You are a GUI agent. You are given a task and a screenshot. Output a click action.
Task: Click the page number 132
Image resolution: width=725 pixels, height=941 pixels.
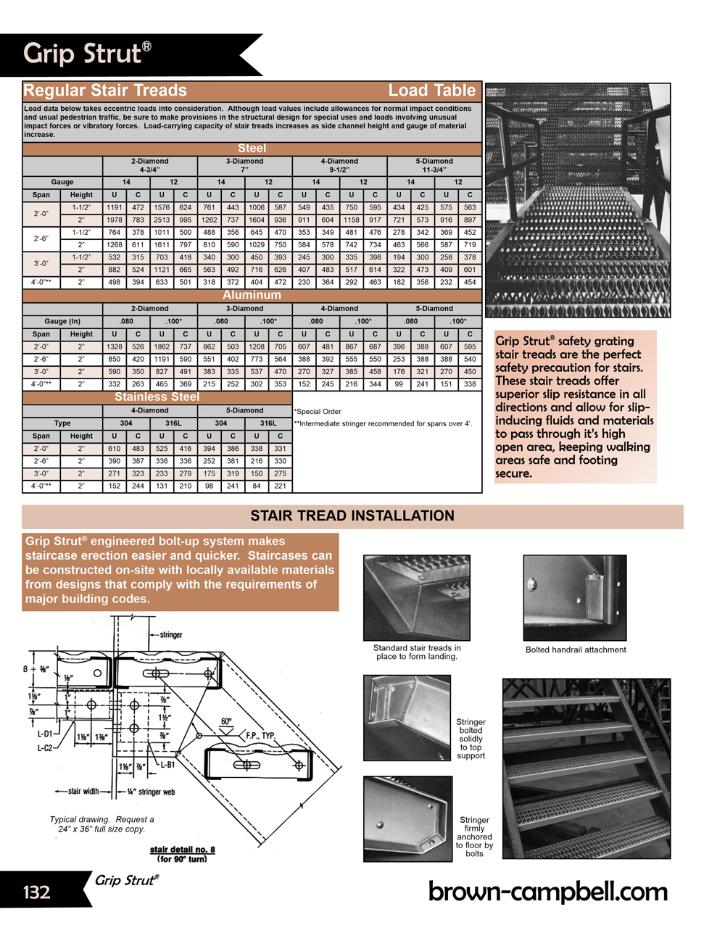(x=37, y=892)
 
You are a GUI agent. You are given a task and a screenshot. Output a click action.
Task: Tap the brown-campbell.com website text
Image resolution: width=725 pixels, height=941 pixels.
(x=547, y=891)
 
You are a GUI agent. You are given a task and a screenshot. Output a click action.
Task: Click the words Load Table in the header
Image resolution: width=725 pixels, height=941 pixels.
(x=431, y=91)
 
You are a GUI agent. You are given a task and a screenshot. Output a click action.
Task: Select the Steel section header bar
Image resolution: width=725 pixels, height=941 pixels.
(x=252, y=149)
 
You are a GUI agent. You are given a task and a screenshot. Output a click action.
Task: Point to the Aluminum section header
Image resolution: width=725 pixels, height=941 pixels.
(x=252, y=295)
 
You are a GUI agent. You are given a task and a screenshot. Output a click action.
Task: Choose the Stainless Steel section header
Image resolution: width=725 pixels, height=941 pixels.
(x=157, y=397)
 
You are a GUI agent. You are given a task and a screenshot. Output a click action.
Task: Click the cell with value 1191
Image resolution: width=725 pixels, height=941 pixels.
(x=115, y=207)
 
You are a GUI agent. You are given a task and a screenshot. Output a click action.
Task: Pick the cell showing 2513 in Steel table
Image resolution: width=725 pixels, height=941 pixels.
(x=162, y=220)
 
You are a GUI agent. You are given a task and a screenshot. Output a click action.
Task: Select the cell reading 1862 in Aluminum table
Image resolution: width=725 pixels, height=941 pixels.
(x=162, y=347)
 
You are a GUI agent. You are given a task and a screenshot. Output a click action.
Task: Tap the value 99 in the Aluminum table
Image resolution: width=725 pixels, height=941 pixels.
(x=399, y=384)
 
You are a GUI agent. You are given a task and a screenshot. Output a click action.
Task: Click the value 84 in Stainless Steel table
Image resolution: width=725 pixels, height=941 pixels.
(x=257, y=486)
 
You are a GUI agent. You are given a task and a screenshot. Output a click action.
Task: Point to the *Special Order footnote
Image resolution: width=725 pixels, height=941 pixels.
(x=318, y=412)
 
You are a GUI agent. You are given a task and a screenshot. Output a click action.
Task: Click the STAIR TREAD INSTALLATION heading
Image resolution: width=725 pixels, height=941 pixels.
(x=352, y=516)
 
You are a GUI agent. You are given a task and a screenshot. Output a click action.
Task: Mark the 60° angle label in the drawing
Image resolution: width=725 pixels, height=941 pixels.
(x=226, y=721)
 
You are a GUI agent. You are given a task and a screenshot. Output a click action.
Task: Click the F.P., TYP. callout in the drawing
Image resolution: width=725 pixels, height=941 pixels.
(x=260, y=735)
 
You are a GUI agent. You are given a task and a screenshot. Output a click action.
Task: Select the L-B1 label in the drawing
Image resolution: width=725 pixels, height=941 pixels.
(x=167, y=764)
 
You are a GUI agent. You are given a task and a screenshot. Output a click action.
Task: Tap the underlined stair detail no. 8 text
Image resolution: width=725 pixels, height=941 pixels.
(x=183, y=850)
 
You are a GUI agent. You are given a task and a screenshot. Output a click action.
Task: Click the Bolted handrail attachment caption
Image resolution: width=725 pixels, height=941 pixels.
(x=576, y=650)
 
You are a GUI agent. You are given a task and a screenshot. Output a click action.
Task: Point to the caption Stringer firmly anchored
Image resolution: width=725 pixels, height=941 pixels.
(x=474, y=837)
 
